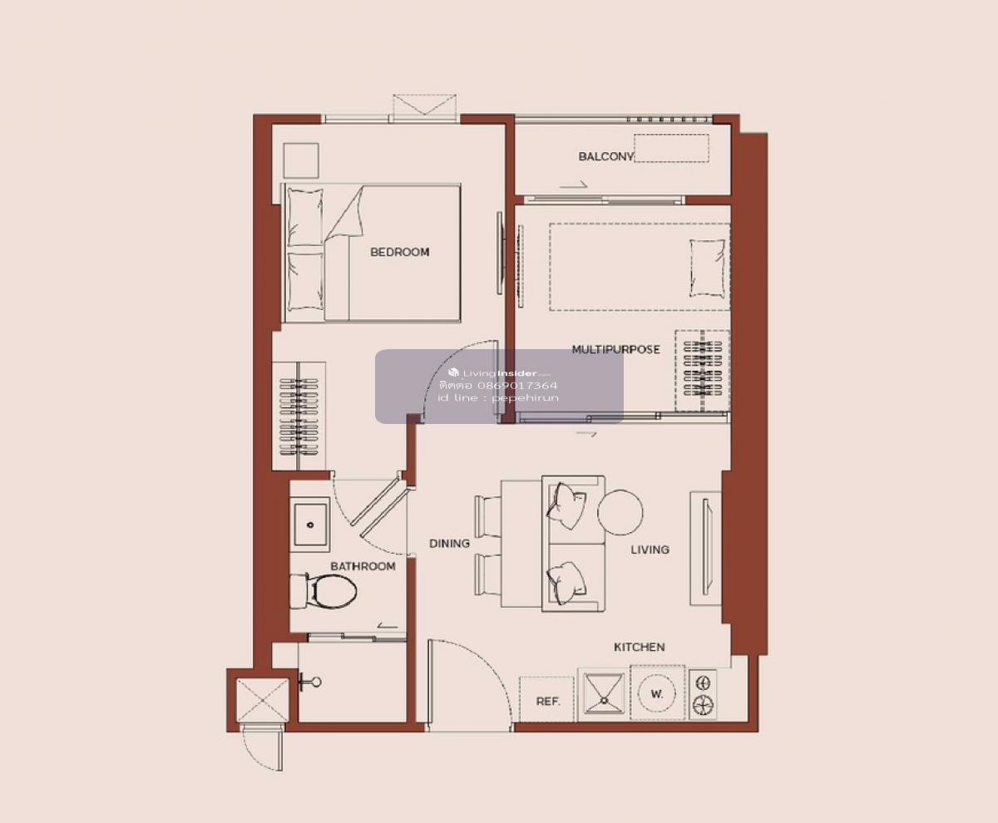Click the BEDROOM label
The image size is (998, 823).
click(x=399, y=252)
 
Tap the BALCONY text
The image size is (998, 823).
click(x=605, y=156)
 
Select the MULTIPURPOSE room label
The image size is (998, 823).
click(x=615, y=349)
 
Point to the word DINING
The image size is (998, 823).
click(x=449, y=544)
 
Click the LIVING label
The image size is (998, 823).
click(x=650, y=549)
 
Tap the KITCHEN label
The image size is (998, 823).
click(x=639, y=647)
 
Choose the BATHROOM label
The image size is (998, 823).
click(x=363, y=566)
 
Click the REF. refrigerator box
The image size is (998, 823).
click(x=546, y=699)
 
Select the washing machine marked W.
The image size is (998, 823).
click(x=658, y=692)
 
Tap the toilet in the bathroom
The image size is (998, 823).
click(x=325, y=591)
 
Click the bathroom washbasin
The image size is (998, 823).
click(x=310, y=525)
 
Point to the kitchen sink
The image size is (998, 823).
click(x=604, y=694)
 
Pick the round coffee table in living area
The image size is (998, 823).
click(x=620, y=512)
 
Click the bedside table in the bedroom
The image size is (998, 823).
click(x=301, y=160)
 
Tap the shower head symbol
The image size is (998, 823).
click(x=309, y=683)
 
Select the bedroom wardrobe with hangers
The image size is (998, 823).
click(x=299, y=416)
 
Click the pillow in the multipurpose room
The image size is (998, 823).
click(x=708, y=269)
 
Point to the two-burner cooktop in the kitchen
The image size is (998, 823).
click(x=703, y=694)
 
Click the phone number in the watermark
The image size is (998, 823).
click(x=498, y=385)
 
